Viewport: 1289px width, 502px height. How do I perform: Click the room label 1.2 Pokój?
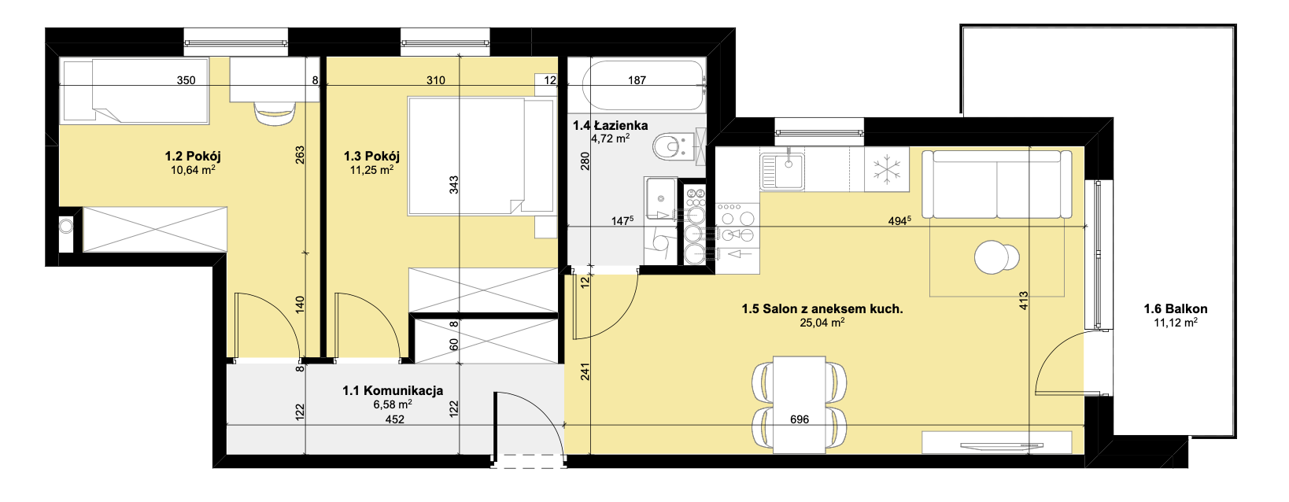point(193,156)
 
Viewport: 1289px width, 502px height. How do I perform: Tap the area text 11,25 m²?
point(371,170)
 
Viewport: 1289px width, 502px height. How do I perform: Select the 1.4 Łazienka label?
point(610,126)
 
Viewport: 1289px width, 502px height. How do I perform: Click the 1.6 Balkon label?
point(1176,309)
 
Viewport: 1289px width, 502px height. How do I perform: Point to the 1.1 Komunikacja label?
point(393,391)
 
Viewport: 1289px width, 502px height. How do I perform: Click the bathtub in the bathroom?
point(643,85)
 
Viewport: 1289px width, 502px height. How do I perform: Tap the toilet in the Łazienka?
point(674,146)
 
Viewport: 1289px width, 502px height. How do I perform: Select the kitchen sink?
point(782,171)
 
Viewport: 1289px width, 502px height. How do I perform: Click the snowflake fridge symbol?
point(886,169)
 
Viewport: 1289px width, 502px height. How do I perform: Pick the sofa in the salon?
point(997,184)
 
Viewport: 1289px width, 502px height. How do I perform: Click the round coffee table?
point(996,257)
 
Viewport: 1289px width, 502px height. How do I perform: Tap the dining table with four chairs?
point(800,402)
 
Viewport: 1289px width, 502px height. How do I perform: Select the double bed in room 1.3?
point(481,156)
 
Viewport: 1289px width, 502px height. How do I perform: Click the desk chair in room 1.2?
point(275,113)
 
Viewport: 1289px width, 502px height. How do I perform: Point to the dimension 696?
point(800,419)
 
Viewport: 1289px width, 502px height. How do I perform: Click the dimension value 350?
point(186,80)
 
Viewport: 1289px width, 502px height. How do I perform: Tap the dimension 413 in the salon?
point(1023,301)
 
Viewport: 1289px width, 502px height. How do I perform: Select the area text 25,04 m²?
point(822,323)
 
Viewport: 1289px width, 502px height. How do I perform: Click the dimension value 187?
point(637,80)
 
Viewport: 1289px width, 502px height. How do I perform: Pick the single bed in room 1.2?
point(135,90)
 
